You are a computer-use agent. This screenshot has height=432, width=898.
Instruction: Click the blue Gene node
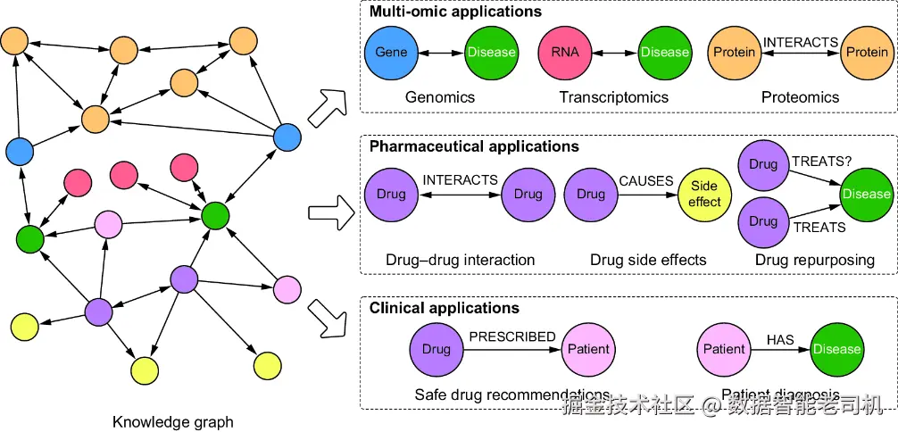click(391, 52)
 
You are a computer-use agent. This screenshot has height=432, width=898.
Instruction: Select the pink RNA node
click(565, 52)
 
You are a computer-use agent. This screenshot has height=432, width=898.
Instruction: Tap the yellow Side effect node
click(704, 195)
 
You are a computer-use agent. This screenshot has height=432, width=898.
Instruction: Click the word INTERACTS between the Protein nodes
click(800, 42)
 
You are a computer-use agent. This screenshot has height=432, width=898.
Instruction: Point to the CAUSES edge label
click(646, 180)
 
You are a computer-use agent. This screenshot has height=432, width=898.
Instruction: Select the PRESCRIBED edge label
click(512, 336)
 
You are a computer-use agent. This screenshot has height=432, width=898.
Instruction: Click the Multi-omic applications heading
click(455, 12)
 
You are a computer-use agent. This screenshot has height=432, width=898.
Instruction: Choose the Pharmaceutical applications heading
click(474, 146)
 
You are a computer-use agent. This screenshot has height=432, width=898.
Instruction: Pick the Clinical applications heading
click(445, 308)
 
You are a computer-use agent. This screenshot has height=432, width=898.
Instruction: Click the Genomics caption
click(440, 97)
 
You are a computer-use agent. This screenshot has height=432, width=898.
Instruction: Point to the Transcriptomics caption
click(613, 97)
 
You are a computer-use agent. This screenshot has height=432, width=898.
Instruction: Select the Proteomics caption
click(800, 97)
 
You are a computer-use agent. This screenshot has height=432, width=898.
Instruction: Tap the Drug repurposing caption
click(814, 260)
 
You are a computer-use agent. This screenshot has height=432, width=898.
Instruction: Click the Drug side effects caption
click(648, 260)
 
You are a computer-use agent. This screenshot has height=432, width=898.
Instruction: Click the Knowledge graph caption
click(173, 421)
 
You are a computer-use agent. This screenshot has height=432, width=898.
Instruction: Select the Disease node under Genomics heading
click(491, 52)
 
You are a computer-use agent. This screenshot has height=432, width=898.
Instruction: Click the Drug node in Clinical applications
click(437, 349)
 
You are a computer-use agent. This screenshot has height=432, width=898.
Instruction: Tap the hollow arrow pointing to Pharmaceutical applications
click(331, 213)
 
